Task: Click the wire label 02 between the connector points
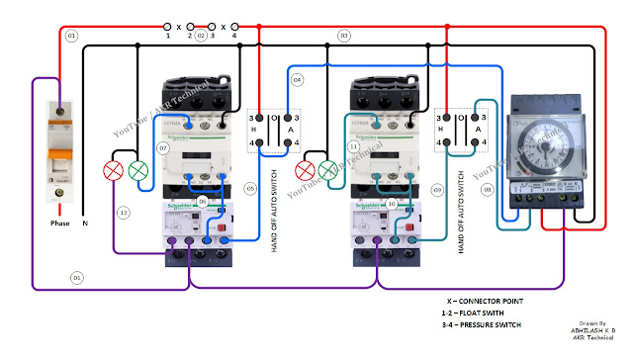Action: pyautogui.click(x=201, y=36)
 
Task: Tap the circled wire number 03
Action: pyautogui.click(x=344, y=36)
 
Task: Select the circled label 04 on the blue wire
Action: pyautogui.click(x=297, y=78)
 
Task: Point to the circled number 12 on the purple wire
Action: pyautogui.click(x=124, y=213)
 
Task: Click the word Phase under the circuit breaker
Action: pyautogui.click(x=60, y=224)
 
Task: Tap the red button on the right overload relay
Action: pyautogui.click(x=410, y=238)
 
